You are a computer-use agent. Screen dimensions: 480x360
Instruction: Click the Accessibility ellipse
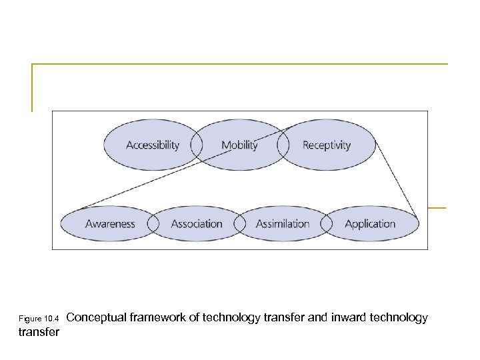[152, 145]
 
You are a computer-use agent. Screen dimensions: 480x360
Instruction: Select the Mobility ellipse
[239, 145]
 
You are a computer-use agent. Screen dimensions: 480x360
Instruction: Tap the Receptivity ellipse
[327, 145]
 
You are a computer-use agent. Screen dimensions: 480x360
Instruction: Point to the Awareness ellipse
[109, 224]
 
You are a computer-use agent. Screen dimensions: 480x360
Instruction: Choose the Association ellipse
[197, 224]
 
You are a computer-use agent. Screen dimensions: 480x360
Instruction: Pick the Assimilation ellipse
[283, 224]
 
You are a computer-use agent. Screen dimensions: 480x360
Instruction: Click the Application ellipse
[370, 224]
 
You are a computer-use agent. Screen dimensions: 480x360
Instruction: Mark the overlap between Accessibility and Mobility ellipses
[197, 145]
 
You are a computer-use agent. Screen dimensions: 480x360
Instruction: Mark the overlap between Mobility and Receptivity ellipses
[283, 145]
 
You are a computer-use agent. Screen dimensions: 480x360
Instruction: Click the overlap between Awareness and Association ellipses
[153, 224]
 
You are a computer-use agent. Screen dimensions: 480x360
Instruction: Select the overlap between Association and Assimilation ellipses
[240, 224]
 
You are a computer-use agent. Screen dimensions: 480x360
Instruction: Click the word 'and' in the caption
[317, 318]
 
